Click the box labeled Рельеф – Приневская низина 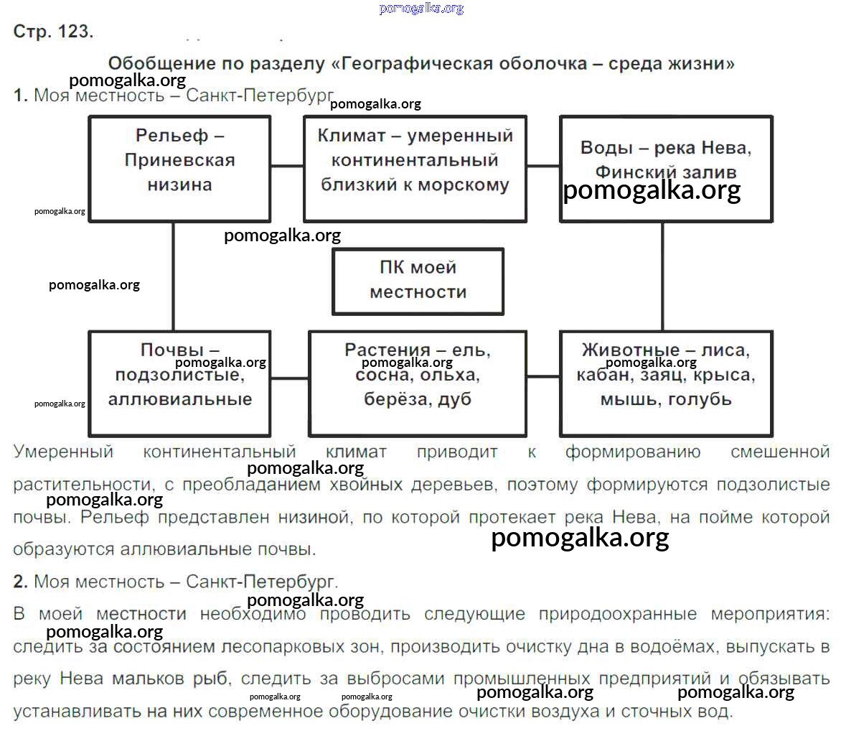[x=179, y=168]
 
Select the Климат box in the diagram [x=415, y=168]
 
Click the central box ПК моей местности [x=418, y=280]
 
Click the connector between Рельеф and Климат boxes [x=287, y=166]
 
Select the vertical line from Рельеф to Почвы [x=173, y=276]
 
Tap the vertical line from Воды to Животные [x=662, y=276]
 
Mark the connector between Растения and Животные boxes [x=543, y=376]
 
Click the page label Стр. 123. [x=53, y=32]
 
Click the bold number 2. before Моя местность [x=20, y=582]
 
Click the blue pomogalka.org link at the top [x=420, y=9]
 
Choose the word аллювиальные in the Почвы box [x=180, y=399]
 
